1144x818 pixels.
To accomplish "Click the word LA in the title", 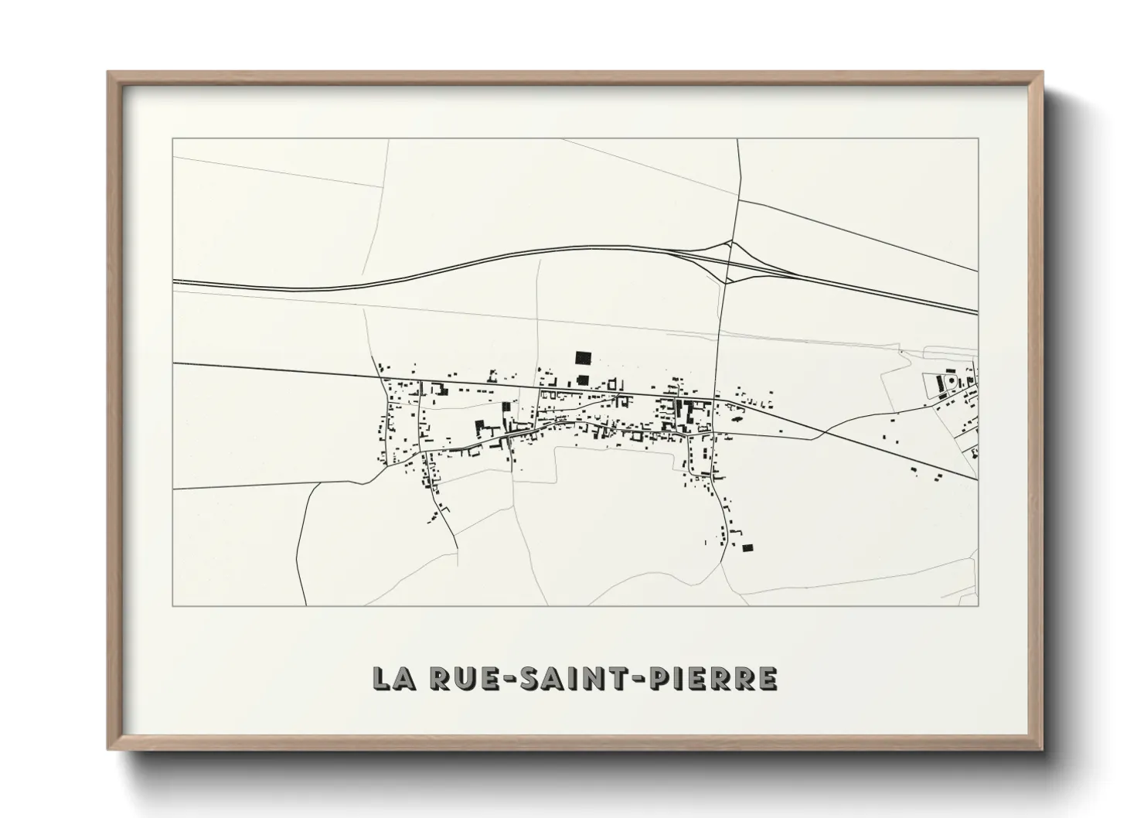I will pyautogui.click(x=393, y=678).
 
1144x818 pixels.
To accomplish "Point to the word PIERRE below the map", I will pyautogui.click(x=707, y=678).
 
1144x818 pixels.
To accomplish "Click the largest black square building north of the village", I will pyautogui.click(x=583, y=357).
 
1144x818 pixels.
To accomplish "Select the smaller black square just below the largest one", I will pyautogui.click(x=582, y=380).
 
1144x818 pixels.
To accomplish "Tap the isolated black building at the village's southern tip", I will pyautogui.click(x=747, y=547).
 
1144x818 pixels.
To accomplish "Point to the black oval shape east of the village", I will pyautogui.click(x=734, y=419).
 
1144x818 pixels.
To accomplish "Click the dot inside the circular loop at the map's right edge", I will pyautogui.click(x=950, y=380).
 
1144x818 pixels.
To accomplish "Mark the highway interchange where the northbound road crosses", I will pyautogui.click(x=728, y=261).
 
